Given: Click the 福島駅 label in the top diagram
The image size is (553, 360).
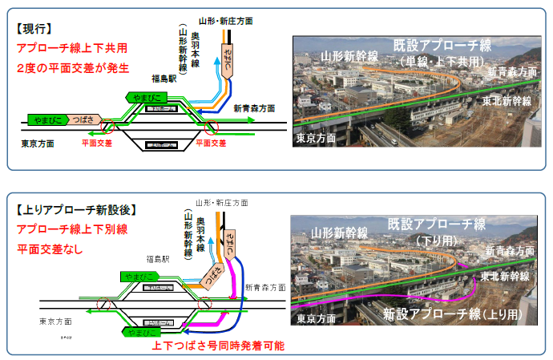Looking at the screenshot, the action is click(x=163, y=79).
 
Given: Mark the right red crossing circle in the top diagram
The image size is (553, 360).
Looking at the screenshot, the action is click(x=211, y=126).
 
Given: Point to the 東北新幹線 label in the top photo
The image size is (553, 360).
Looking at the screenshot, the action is click(x=507, y=101).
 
